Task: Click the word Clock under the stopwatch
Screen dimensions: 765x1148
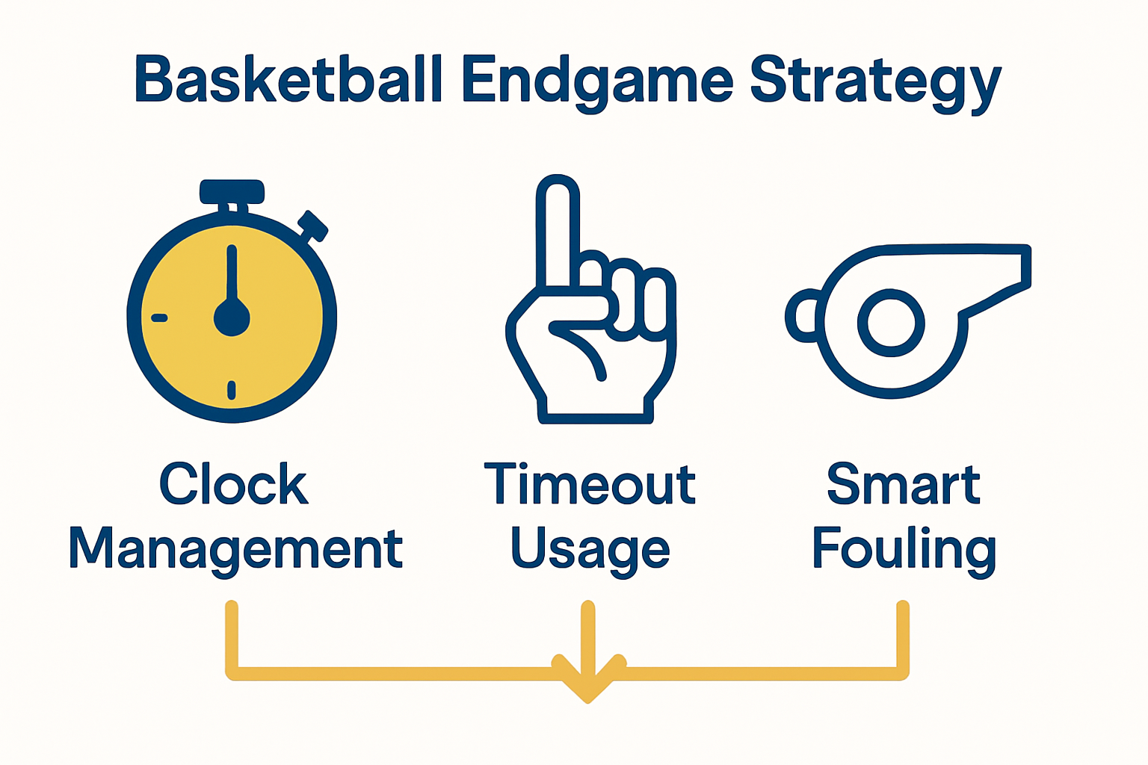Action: [234, 484]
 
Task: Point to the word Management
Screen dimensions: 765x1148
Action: [235, 549]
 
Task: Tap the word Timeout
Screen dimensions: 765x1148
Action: [590, 484]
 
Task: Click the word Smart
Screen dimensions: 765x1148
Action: [903, 484]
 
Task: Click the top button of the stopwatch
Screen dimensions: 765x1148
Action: [232, 191]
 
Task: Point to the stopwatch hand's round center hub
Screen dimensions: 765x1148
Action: [232, 318]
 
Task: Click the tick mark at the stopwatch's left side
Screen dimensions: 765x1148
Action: [159, 318]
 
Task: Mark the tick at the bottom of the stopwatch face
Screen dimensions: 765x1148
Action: [232, 389]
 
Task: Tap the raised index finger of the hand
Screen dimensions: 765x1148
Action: [558, 224]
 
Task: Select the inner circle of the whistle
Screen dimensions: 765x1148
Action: [891, 324]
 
